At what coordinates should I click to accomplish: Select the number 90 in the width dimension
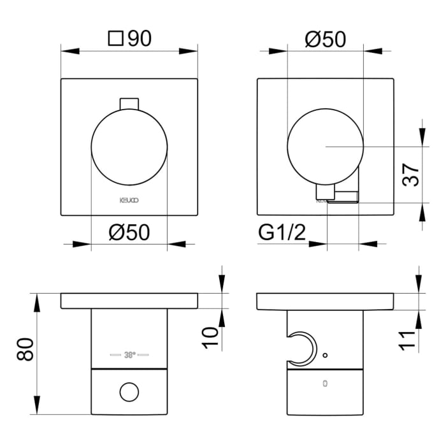(x=139, y=39)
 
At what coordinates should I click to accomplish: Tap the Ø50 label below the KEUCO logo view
(x=129, y=233)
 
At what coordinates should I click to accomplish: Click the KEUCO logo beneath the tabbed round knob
(x=129, y=199)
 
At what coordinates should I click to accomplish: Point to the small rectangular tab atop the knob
(x=129, y=103)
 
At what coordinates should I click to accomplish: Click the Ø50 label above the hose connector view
(x=325, y=39)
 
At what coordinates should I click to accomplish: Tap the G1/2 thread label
(x=283, y=233)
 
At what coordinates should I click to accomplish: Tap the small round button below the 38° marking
(x=129, y=391)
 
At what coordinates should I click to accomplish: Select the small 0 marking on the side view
(x=325, y=384)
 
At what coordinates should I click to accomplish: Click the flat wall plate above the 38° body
(x=129, y=301)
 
